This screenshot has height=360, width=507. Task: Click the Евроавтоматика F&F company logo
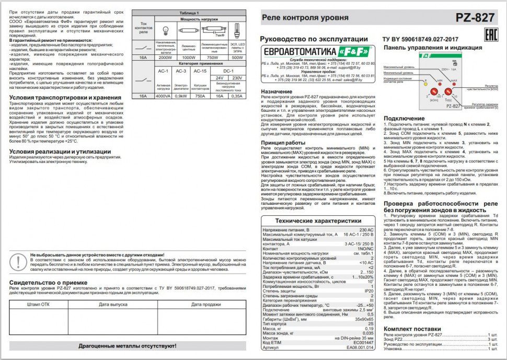click(x=317, y=52)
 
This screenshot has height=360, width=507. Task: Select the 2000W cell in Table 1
click(x=165, y=57)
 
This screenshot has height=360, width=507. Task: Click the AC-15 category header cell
click(x=200, y=71)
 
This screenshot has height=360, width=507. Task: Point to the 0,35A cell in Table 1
click(x=237, y=96)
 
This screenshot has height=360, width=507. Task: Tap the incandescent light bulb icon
click(x=166, y=31)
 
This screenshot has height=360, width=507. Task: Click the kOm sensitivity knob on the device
click(x=433, y=94)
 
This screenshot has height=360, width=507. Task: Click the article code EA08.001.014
click(x=360, y=347)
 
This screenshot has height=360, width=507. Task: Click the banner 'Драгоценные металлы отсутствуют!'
click(x=123, y=346)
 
